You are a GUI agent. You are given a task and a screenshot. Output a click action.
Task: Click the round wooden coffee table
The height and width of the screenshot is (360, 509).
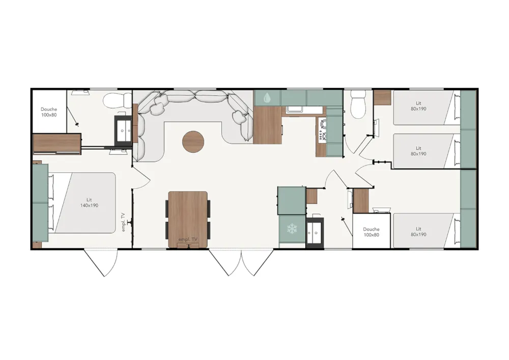pos(193,142)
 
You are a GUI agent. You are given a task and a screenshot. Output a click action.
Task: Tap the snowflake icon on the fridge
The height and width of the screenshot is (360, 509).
pos(292,229)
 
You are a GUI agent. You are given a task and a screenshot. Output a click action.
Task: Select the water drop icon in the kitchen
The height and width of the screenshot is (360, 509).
pos(267,97)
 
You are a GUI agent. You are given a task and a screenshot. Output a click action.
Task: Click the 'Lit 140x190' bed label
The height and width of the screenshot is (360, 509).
pos(89,203)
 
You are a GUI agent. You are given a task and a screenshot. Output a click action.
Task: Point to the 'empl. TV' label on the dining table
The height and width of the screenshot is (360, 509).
pos(188,239)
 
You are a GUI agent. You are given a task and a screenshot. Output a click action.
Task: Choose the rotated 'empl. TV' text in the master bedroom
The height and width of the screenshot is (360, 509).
pos(124,222)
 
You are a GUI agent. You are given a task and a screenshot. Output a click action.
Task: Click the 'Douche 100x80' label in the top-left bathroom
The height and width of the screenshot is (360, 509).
pos(49,112)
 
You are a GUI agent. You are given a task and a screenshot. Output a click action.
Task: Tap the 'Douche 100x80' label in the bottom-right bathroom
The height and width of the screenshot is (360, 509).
pos(371,232)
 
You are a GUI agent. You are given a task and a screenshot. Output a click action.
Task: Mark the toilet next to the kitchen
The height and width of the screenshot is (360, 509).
pos(358,104)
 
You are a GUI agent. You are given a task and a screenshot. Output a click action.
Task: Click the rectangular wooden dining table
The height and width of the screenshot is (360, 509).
pos(188,220)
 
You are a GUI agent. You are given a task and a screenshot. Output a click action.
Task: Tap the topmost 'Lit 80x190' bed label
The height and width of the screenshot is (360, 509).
pos(418,106)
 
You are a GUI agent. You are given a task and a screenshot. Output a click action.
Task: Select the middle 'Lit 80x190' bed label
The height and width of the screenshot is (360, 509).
pos(418,151)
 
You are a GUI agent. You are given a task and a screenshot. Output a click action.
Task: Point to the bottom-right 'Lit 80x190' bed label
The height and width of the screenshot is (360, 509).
pos(418,232)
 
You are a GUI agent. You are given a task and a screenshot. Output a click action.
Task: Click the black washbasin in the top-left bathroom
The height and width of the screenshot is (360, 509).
pos(123,129)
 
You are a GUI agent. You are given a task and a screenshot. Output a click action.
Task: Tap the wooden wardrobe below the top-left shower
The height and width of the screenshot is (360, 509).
pos(57,144)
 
